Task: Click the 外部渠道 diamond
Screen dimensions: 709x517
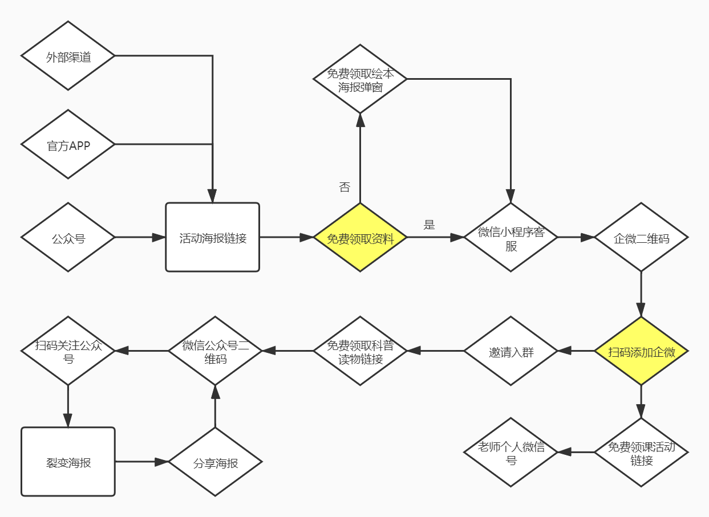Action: click(x=68, y=56)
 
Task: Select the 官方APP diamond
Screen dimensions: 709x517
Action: click(x=68, y=144)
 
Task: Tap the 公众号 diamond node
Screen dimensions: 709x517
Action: click(x=68, y=237)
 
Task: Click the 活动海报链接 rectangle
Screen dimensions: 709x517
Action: click(x=212, y=237)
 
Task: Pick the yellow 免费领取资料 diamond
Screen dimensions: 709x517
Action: click(x=360, y=237)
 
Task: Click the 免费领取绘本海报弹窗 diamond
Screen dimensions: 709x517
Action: click(x=360, y=79)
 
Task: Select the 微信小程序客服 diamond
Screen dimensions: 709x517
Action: click(x=511, y=237)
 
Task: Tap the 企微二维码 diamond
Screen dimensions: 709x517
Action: click(x=641, y=237)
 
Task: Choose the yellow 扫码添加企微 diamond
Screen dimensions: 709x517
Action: click(x=641, y=351)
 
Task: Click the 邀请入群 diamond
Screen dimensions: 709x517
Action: click(x=511, y=351)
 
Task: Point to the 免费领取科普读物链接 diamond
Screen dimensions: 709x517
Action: click(x=360, y=351)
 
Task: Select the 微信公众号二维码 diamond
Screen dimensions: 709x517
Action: click(x=215, y=351)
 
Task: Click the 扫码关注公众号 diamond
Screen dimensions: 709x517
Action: click(x=68, y=351)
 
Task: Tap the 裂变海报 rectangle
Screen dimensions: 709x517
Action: click(x=68, y=462)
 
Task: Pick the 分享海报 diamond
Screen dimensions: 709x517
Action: click(x=215, y=462)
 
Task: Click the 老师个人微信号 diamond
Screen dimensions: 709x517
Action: click(x=511, y=453)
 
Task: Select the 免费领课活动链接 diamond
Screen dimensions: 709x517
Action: click(x=641, y=453)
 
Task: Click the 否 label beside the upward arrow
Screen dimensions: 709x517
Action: click(x=345, y=187)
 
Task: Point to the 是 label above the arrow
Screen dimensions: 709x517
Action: click(x=429, y=225)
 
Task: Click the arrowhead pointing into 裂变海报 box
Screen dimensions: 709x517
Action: click(x=68, y=421)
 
